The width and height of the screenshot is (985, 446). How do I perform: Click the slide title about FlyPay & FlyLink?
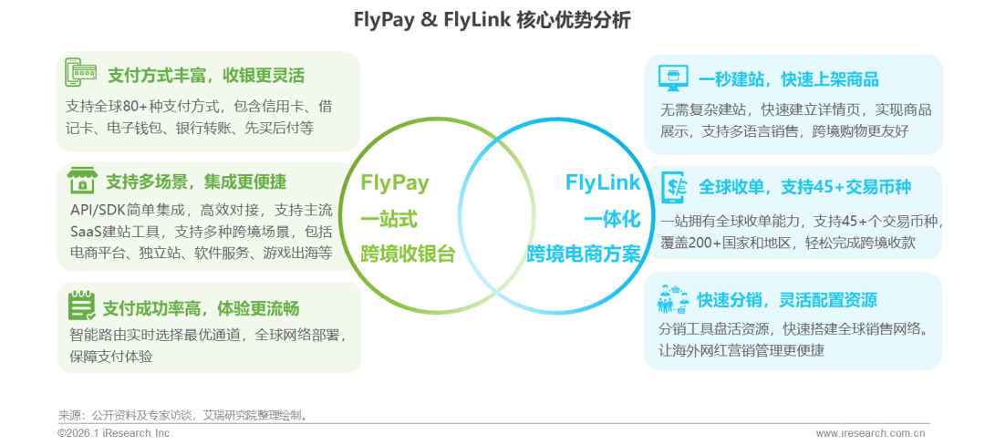(492, 19)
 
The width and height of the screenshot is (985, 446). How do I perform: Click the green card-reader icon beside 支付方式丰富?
(81, 73)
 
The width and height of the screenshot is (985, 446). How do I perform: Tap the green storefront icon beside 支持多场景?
(81, 180)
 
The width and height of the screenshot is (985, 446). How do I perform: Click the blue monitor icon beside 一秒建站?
(672, 78)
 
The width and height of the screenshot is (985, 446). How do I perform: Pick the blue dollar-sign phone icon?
(672, 187)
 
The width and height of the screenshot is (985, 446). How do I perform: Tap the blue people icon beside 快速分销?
(672, 298)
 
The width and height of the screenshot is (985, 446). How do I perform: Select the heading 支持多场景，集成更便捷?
(195, 181)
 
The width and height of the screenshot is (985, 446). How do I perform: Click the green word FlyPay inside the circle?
(395, 182)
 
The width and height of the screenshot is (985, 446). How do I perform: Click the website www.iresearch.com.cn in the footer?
(871, 433)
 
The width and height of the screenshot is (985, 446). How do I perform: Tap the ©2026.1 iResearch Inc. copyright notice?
(115, 433)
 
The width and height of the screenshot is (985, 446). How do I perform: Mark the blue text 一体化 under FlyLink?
(612, 220)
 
